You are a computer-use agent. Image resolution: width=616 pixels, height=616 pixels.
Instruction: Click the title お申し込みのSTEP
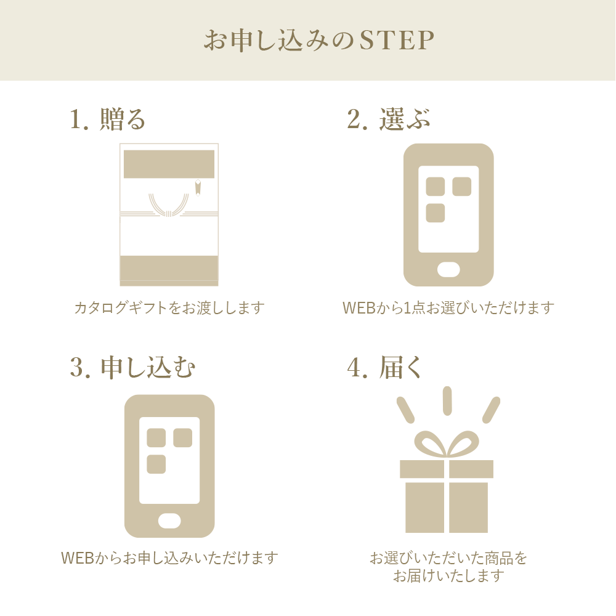coord(319,41)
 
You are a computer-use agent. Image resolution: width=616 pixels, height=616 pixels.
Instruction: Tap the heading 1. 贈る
coord(108,119)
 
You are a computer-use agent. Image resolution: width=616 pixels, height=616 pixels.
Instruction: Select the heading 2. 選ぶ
coord(388,119)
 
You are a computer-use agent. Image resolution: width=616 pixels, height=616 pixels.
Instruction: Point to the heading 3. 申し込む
coord(132,368)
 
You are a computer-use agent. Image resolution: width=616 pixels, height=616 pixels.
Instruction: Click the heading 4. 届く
coord(385,368)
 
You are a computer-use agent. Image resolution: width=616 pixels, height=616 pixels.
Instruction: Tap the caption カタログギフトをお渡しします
coord(169,307)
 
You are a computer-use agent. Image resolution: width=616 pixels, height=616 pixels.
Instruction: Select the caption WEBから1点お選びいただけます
coord(448,307)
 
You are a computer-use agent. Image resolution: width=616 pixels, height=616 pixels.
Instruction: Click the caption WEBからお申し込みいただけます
coord(169,558)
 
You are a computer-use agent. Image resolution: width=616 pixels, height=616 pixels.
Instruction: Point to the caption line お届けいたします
coord(448,577)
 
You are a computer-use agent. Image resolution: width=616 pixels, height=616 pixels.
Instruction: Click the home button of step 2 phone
coord(448,270)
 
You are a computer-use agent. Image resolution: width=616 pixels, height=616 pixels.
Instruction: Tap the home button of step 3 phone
coord(169,521)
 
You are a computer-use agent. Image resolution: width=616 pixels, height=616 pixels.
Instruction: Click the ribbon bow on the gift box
coord(447,444)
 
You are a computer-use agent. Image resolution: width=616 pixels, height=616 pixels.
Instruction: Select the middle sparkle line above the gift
coord(447,400)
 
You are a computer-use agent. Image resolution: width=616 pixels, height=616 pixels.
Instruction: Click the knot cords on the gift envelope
coord(168,205)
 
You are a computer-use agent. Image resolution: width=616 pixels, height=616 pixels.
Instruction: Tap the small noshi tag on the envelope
coord(198,187)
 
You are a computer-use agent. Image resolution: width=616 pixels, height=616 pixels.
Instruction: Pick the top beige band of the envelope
coord(169,164)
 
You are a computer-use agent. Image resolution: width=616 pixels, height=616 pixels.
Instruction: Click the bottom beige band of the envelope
coord(169,269)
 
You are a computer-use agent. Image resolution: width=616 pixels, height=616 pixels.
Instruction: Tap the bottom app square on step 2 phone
coord(436,213)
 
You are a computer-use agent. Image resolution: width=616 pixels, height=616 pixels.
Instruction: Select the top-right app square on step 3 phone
coord(182,438)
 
